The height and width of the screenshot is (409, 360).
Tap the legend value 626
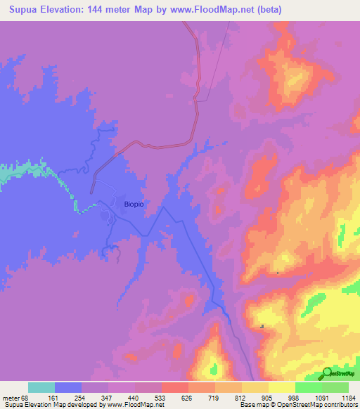(x=188, y=397)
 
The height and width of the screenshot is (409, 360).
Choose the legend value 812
(x=241, y=397)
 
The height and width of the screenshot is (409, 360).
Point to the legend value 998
(x=295, y=397)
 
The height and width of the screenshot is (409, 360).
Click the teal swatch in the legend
(x=41, y=387)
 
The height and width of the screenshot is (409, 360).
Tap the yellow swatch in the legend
(x=281, y=387)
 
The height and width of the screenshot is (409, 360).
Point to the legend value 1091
(x=321, y=397)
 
